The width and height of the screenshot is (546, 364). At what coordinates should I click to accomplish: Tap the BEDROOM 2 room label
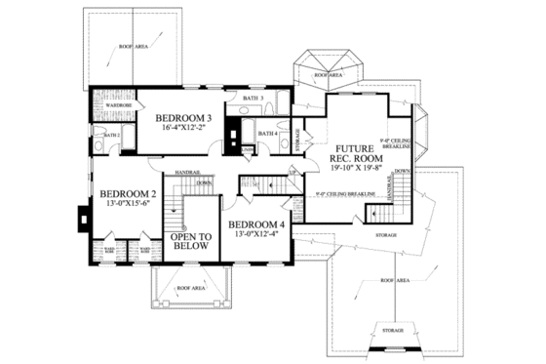tap(127, 194)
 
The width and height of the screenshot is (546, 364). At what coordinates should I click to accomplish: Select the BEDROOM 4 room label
tap(257, 222)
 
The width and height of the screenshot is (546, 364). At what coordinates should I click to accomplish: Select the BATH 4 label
tap(270, 133)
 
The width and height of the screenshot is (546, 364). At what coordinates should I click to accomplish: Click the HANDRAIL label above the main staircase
tap(187, 173)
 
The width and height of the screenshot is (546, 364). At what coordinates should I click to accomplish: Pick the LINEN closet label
tap(250, 149)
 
